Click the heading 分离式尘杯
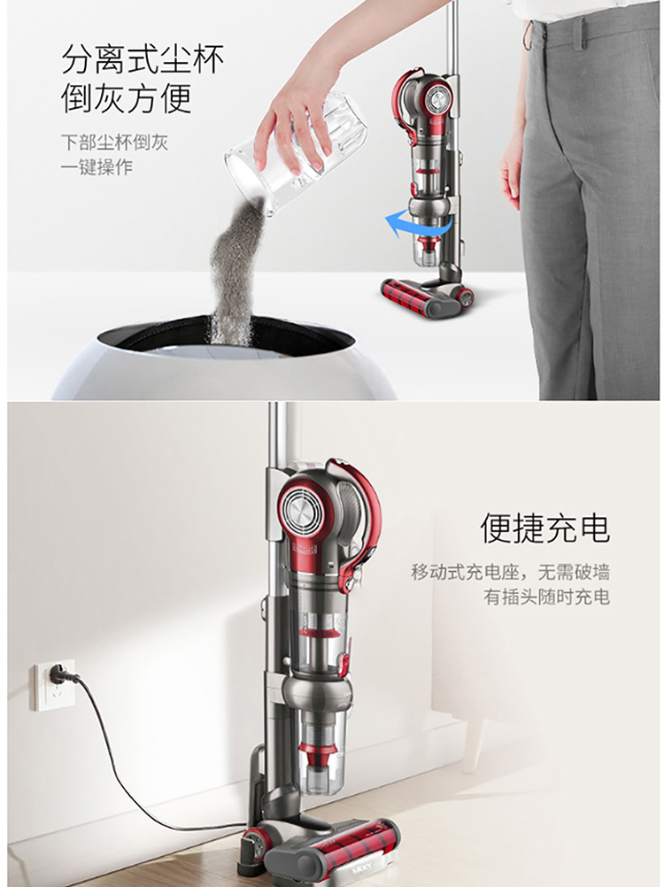pos(143,59)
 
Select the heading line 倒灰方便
pos(127,98)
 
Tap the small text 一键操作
pos(97,167)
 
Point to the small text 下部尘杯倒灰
pos(115,142)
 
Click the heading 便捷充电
pos(545,528)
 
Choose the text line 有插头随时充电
pos(546,597)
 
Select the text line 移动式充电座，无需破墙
pos(510,572)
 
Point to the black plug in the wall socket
pos(57,673)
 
